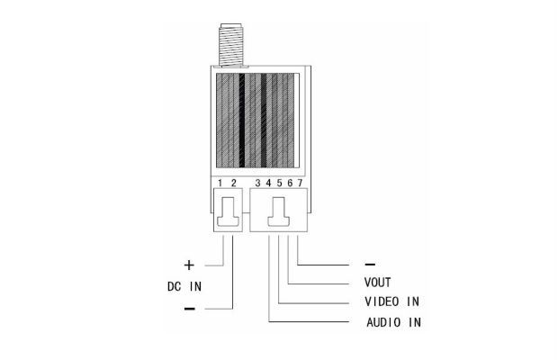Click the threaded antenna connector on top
pyautogui.click(x=230, y=45)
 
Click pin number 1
pyautogui.click(x=220, y=183)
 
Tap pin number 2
pyautogui.click(x=233, y=183)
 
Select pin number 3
pyautogui.click(x=257, y=183)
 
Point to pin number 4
pyautogui.click(x=268, y=183)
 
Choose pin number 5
pyautogui.click(x=279, y=183)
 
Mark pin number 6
pyautogui.click(x=290, y=183)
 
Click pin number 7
pyautogui.click(x=300, y=183)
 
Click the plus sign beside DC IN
pyautogui.click(x=189, y=265)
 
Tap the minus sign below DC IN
pyautogui.click(x=190, y=309)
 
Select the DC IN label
pyautogui.click(x=184, y=286)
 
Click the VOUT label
pyautogui.click(x=378, y=283)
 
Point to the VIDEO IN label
pyautogui.click(x=391, y=301)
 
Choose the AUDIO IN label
pyautogui.click(x=393, y=322)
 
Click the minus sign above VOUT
pyautogui.click(x=370, y=265)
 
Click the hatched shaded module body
pyautogui.click(x=256, y=121)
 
